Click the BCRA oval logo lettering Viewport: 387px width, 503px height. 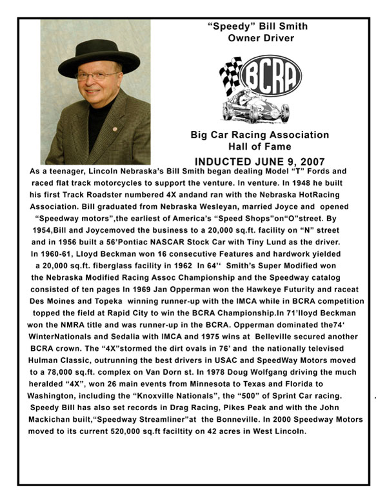[x=270, y=75]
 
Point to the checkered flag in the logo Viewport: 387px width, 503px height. [x=231, y=74]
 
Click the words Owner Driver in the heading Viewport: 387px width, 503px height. [x=261, y=38]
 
